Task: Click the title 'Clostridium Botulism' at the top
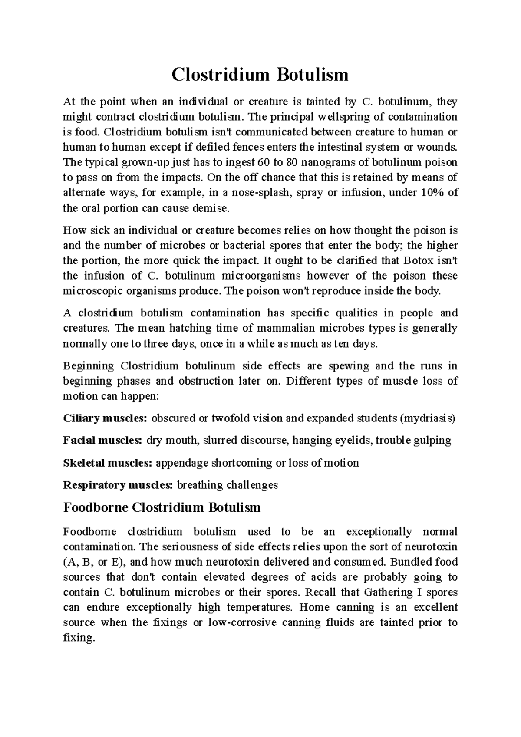260,75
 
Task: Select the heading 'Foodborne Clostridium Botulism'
162,507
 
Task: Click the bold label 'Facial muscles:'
102,441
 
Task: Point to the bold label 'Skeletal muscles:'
107,463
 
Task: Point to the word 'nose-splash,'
264,193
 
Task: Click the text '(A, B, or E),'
95,562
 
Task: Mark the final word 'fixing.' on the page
79,638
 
